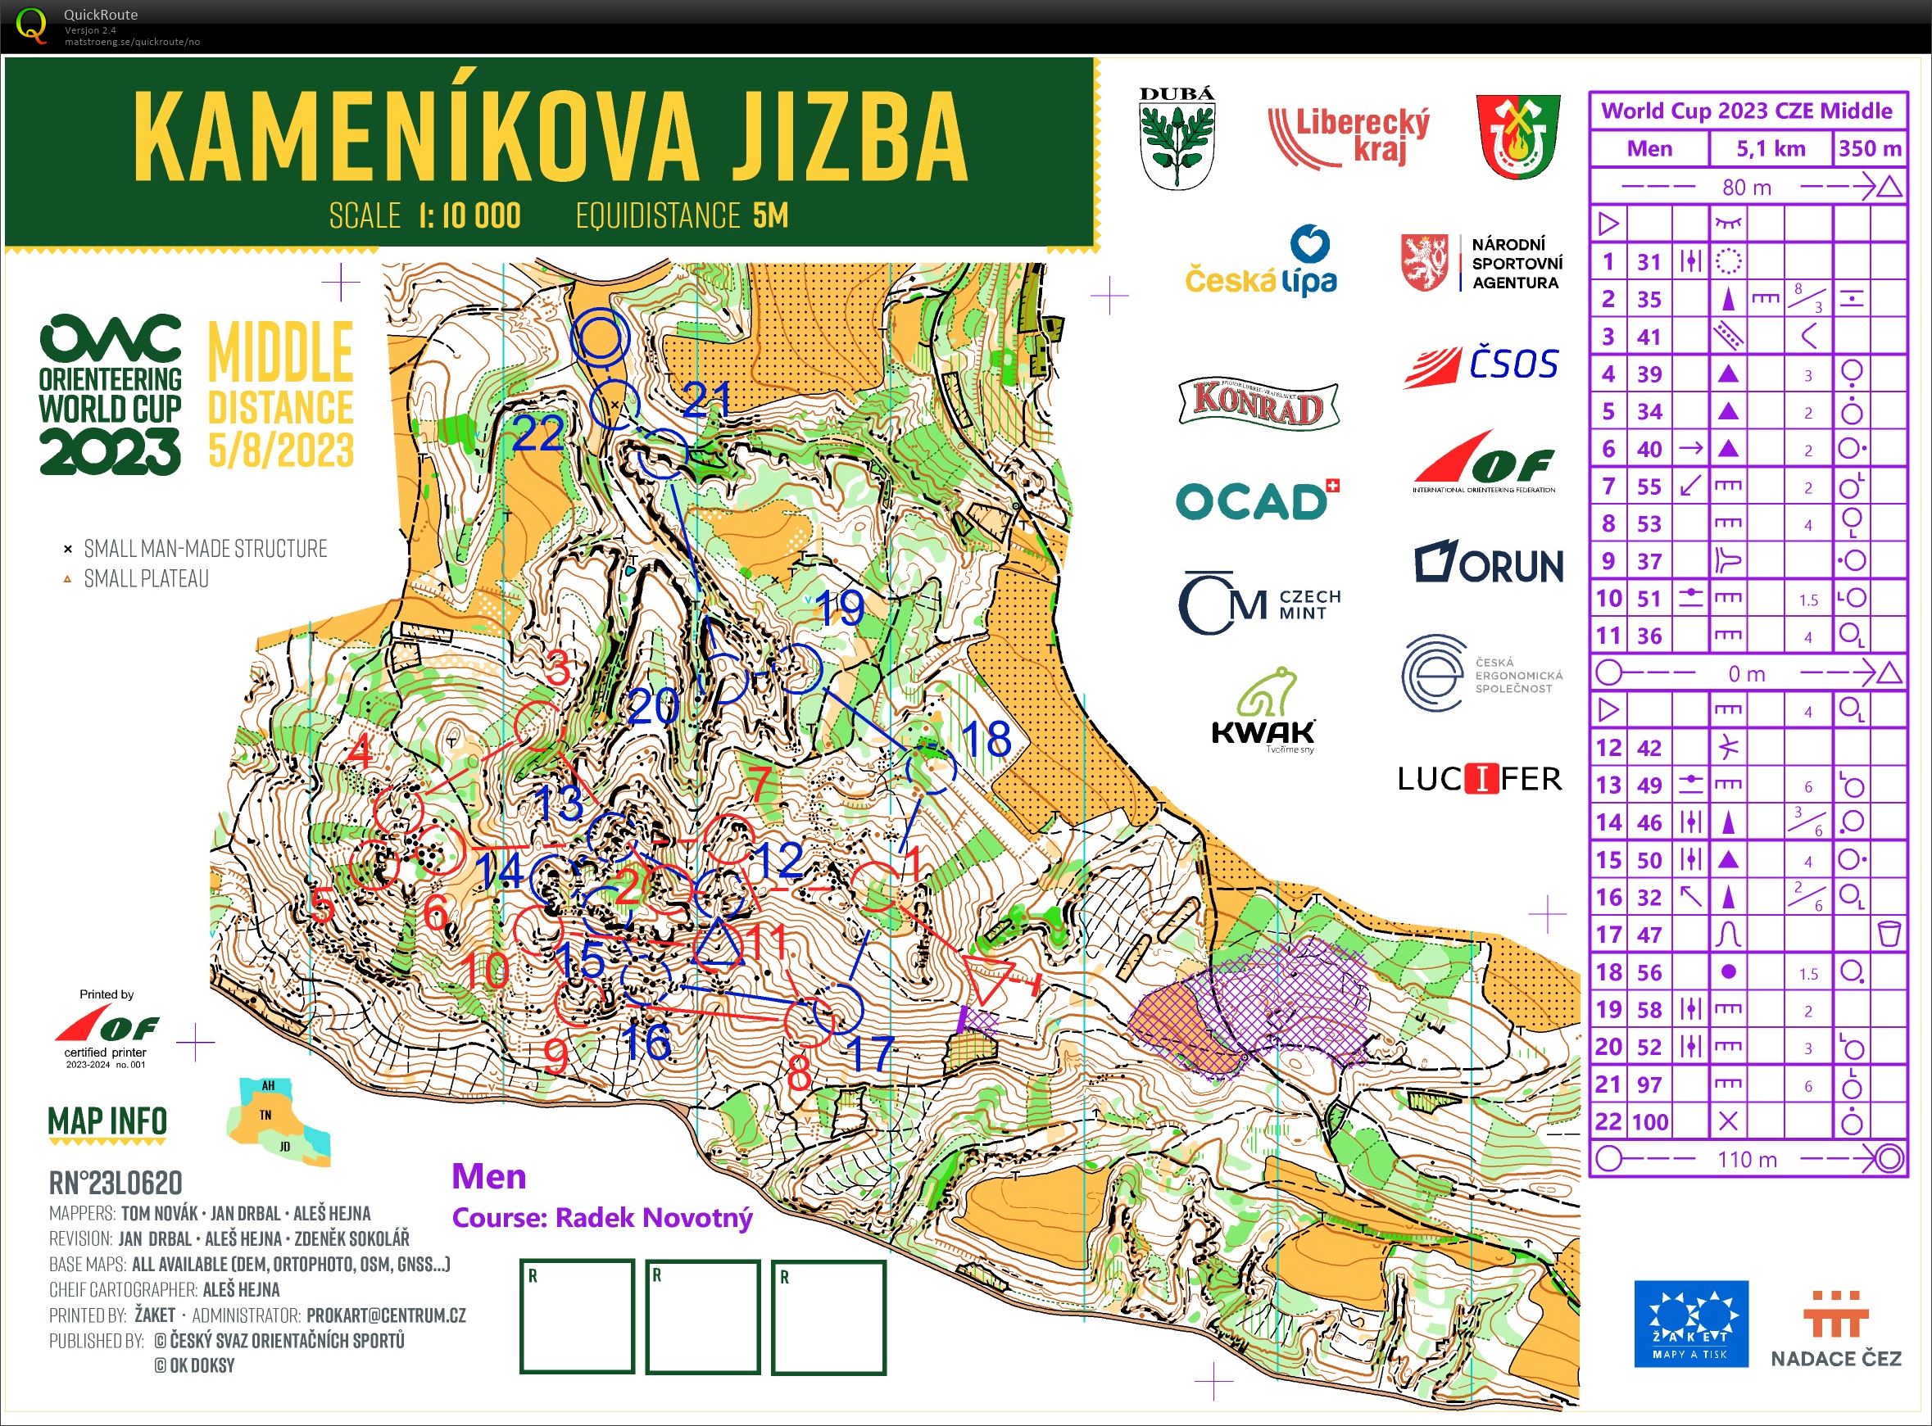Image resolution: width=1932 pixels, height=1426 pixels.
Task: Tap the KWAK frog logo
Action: pos(1263,711)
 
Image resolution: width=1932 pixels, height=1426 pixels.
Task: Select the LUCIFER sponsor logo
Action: pos(1480,779)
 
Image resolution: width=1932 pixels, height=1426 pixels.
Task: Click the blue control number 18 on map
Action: pos(985,739)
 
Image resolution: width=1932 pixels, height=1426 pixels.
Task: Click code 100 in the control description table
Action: pos(1649,1122)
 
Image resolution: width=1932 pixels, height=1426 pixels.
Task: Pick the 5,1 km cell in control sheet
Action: pos(1771,148)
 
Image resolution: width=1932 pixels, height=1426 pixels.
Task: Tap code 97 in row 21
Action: pos(1649,1084)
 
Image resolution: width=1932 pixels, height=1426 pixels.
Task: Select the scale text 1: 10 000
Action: pos(470,215)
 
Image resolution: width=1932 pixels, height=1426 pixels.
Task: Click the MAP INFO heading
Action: pos(108,1121)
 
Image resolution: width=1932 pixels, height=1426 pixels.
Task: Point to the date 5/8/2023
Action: pos(281,450)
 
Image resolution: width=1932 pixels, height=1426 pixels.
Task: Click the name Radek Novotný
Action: pos(654,1217)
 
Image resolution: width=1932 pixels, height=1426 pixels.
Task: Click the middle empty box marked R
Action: pos(703,1315)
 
